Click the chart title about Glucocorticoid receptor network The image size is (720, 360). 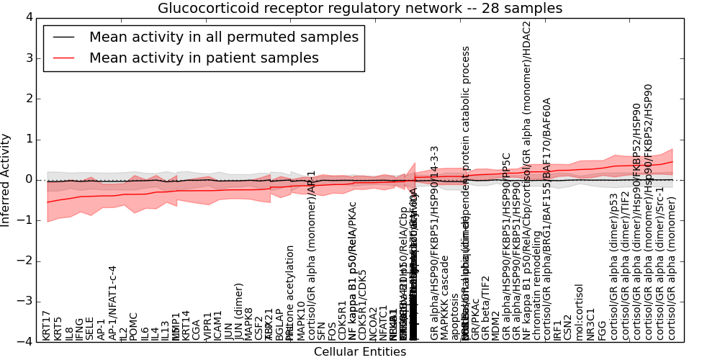(x=360, y=9)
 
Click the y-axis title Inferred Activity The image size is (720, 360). (x=6, y=179)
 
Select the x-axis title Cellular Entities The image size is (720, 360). (x=360, y=352)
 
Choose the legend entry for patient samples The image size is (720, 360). (x=204, y=58)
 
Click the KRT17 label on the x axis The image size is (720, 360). (x=47, y=325)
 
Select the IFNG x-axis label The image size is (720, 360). (x=80, y=328)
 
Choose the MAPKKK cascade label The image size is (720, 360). (x=445, y=303)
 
